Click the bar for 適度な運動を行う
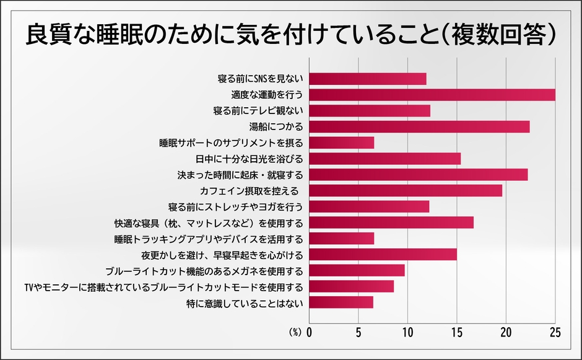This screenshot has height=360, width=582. tap(432, 95)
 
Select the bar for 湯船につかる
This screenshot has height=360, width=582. tap(419, 127)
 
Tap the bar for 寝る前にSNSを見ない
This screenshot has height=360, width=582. tap(367, 79)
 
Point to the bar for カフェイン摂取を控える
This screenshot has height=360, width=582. tap(406, 191)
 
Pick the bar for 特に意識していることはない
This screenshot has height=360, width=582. tap(341, 302)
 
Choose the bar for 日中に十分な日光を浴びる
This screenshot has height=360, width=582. tap(384, 159)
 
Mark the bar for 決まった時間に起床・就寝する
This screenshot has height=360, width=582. tap(418, 175)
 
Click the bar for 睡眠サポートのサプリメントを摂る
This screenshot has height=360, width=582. tap(341, 143)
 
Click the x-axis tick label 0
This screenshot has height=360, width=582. tap(309, 332)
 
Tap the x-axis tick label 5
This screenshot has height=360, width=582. tap(358, 332)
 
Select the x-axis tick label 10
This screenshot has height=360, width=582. tap(407, 332)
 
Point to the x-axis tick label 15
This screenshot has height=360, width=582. tap(457, 332)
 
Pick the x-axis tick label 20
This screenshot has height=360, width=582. tap(506, 332)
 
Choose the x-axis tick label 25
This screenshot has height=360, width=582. tap(555, 332)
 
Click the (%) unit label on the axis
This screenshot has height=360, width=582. tap(295, 333)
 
